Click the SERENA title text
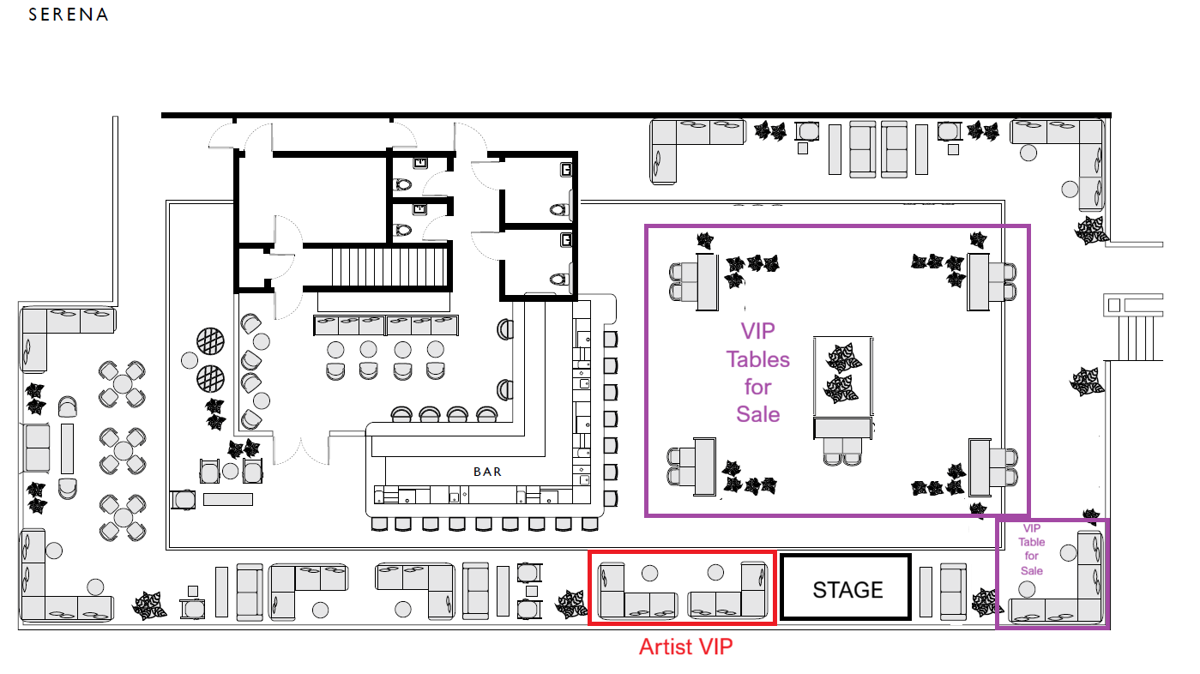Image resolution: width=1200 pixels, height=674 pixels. pyautogui.click(x=69, y=15)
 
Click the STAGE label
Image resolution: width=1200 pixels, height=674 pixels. pyautogui.click(x=847, y=589)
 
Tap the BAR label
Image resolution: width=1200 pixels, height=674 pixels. pyautogui.click(x=487, y=472)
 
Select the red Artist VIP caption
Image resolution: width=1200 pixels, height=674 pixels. pyautogui.click(x=685, y=647)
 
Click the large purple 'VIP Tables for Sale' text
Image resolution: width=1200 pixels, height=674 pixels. pyautogui.click(x=757, y=373)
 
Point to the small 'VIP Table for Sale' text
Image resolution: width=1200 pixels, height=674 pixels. pyautogui.click(x=1031, y=550)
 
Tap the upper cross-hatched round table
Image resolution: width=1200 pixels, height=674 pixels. pyautogui.click(x=210, y=341)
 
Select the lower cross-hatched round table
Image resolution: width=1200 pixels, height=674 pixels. pyautogui.click(x=210, y=379)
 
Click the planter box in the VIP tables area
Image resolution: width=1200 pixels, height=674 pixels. pyautogui.click(x=842, y=376)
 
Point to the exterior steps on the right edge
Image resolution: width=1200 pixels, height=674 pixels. pyautogui.click(x=1134, y=339)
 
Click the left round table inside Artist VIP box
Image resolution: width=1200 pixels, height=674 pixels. pyautogui.click(x=650, y=574)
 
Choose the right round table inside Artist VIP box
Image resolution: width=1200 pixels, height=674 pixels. pyautogui.click(x=715, y=572)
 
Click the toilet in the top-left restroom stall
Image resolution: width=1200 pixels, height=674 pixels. pyautogui.click(x=402, y=185)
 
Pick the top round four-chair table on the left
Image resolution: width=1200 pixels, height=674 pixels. pyautogui.click(x=122, y=384)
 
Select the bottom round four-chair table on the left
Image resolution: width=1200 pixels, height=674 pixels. pyautogui.click(x=123, y=518)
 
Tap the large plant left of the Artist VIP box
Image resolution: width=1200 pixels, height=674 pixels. pyautogui.click(x=571, y=604)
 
